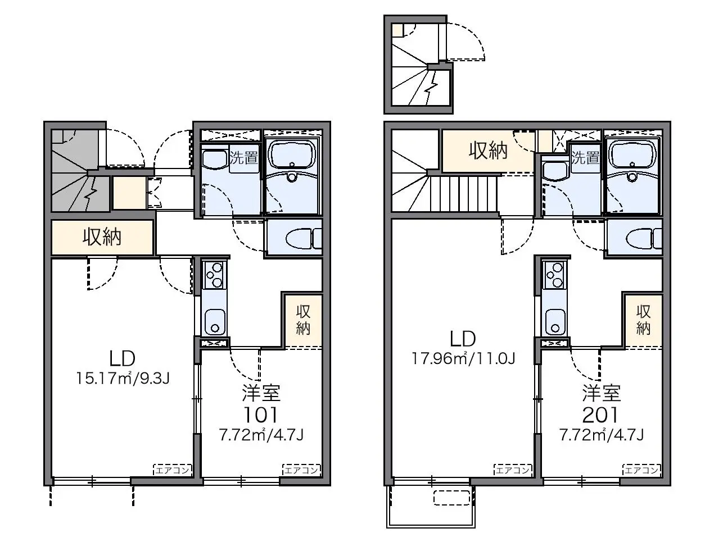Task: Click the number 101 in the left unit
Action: coord(260,415)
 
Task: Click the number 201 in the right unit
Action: coord(600,415)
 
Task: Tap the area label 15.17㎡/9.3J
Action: coord(123,378)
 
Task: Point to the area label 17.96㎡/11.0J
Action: coord(463,358)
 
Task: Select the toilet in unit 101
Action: coord(303,238)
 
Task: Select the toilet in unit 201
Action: coord(644,238)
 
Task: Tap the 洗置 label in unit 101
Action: coord(243,158)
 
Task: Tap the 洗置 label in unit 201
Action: coord(585,158)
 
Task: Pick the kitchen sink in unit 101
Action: coord(214,321)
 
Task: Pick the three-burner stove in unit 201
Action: coord(554,275)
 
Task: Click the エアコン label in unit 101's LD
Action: coord(173,470)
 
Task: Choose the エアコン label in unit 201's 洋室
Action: coord(641,470)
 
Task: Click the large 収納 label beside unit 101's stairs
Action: coord(102,237)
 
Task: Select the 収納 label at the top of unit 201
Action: coord(488,151)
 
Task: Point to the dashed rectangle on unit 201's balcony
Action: coord(452,498)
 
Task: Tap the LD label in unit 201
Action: coord(463,338)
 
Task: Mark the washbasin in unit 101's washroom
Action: coord(215,160)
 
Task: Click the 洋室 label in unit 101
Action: coord(261,393)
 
